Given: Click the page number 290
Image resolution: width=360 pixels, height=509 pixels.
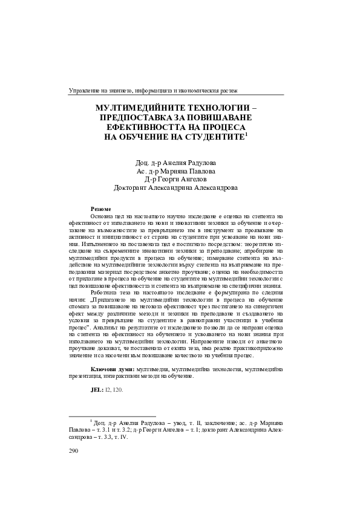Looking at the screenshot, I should click(75, 451).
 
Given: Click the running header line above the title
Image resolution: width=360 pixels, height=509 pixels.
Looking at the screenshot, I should click(154, 90).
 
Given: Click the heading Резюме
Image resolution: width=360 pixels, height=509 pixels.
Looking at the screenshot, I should click(100, 209).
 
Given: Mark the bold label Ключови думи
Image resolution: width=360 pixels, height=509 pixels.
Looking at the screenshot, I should click(113, 368).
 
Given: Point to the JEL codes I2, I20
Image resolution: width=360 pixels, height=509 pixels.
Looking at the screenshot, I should click(114, 390).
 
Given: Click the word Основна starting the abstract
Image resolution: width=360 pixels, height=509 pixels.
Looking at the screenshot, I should click(103, 216).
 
